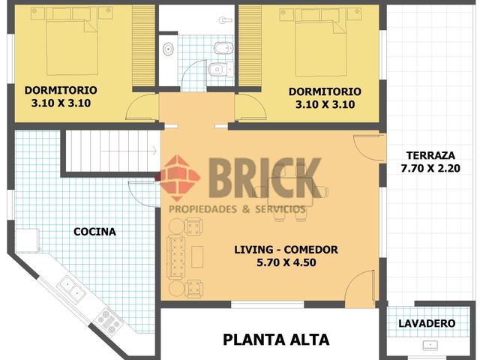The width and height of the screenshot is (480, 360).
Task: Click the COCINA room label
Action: tap(94, 232)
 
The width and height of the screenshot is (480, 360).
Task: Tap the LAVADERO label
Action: tap(427, 323)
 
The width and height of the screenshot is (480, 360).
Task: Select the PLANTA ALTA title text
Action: tap(276, 340)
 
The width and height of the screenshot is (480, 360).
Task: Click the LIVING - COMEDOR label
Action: tap(286, 256)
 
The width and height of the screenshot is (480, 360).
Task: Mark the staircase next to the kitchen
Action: tap(109, 151)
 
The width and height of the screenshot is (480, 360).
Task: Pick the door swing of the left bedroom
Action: tap(142, 109)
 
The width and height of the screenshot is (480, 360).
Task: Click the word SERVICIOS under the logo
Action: tap(278, 208)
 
